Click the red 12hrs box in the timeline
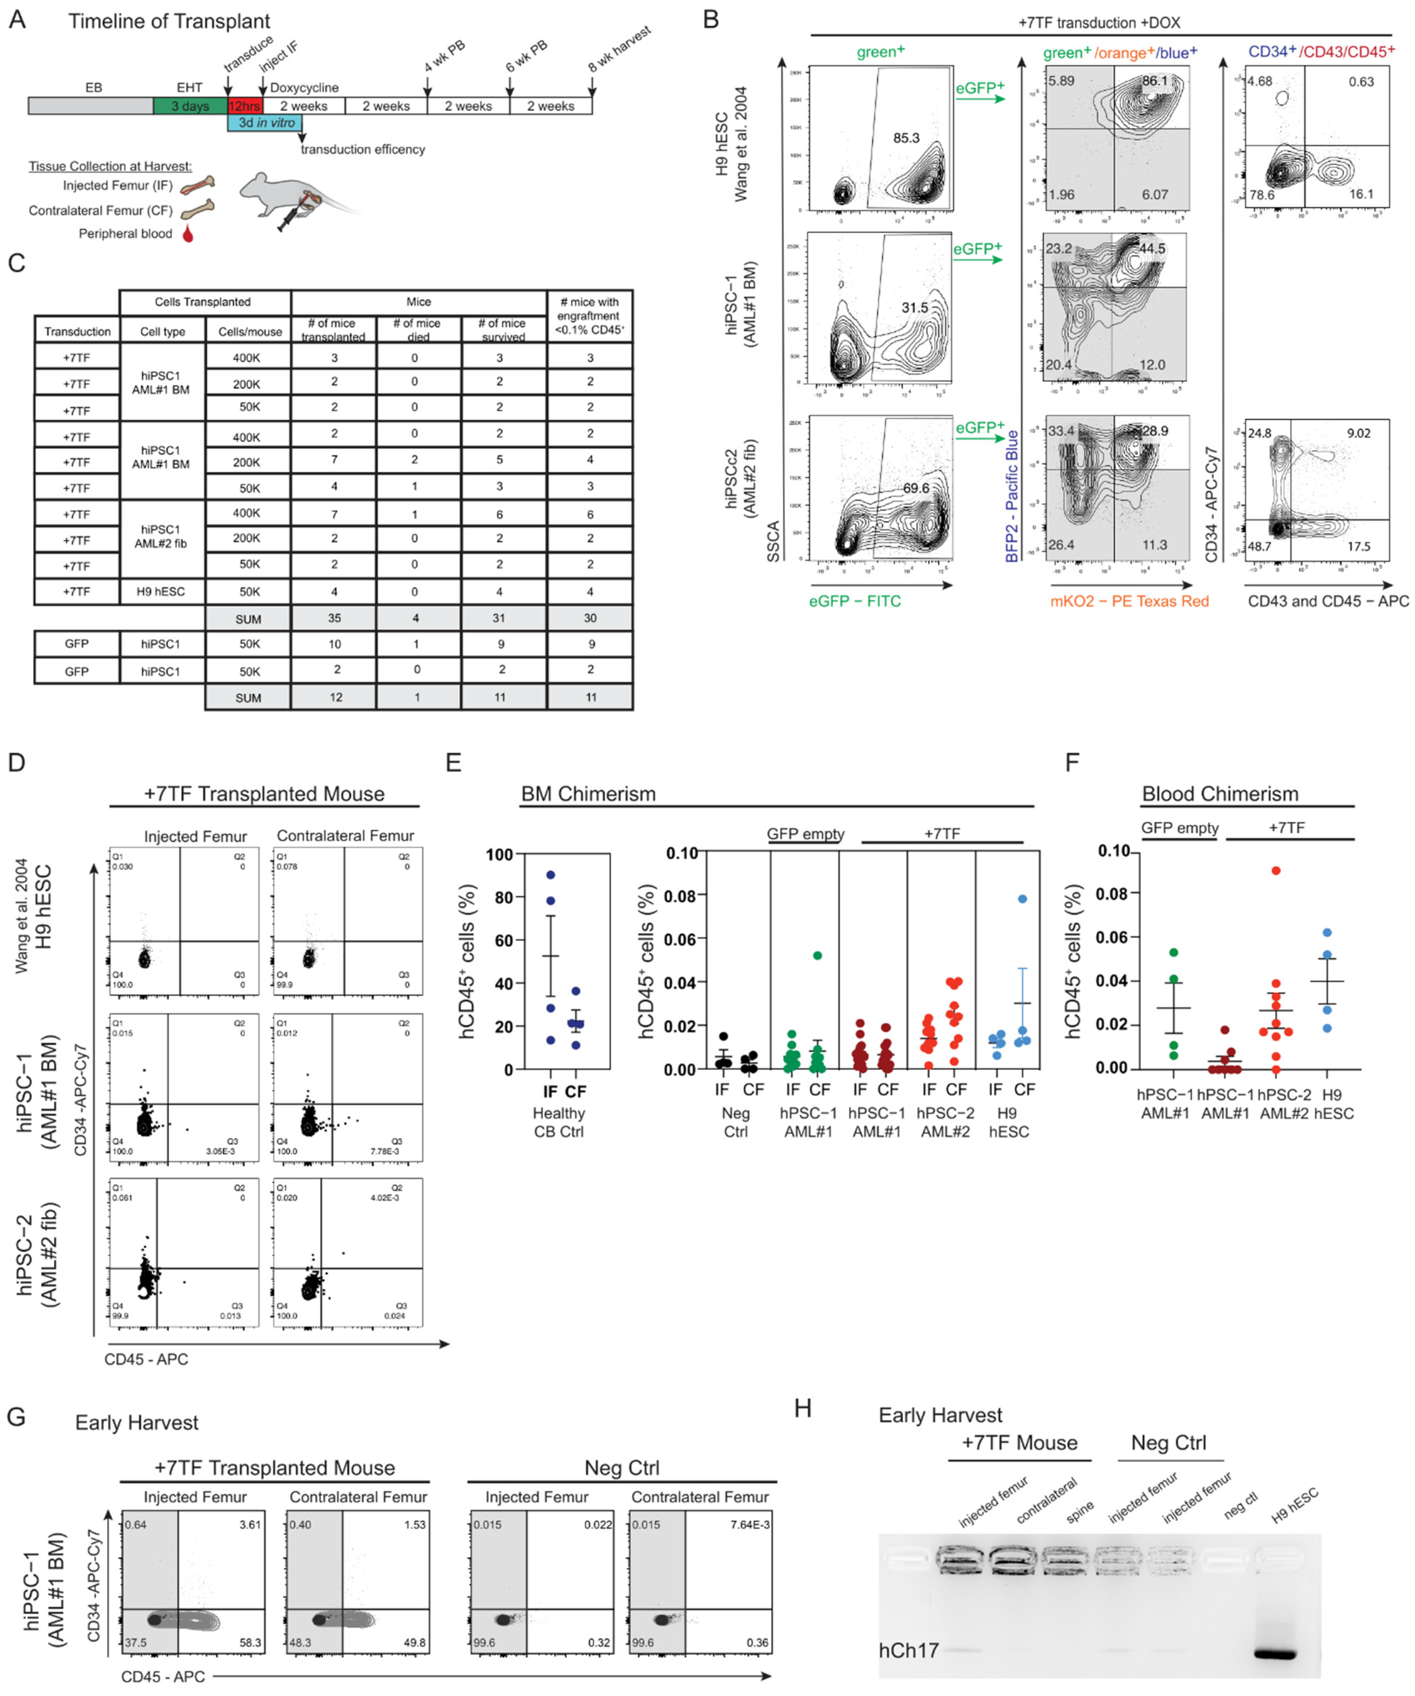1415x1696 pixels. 244,106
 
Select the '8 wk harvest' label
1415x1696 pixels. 620,50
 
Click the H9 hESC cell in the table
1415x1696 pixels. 161,591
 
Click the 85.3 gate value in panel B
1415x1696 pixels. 906,138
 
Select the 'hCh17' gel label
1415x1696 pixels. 909,1650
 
